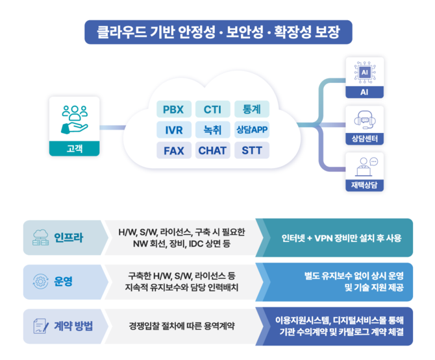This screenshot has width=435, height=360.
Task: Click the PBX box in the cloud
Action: [x=173, y=109]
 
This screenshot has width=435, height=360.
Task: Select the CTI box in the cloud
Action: [x=212, y=109]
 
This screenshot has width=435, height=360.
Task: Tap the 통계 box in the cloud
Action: [x=251, y=109]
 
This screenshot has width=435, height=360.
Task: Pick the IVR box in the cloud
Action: [x=173, y=130]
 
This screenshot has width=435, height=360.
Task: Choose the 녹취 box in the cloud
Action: [x=212, y=130]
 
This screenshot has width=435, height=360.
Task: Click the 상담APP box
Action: [x=251, y=130]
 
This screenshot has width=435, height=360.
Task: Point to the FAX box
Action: [x=173, y=150]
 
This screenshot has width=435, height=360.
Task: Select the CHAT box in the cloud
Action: [x=212, y=150]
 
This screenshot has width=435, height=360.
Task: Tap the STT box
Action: [x=251, y=150]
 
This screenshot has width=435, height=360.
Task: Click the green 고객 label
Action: [x=74, y=149]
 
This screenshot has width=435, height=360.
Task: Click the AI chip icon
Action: [x=364, y=72]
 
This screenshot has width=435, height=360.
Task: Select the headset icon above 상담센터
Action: [x=364, y=120]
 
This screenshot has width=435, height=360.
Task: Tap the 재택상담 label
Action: [x=364, y=186]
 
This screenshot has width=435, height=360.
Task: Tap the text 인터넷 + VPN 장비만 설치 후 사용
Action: [x=341, y=237]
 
